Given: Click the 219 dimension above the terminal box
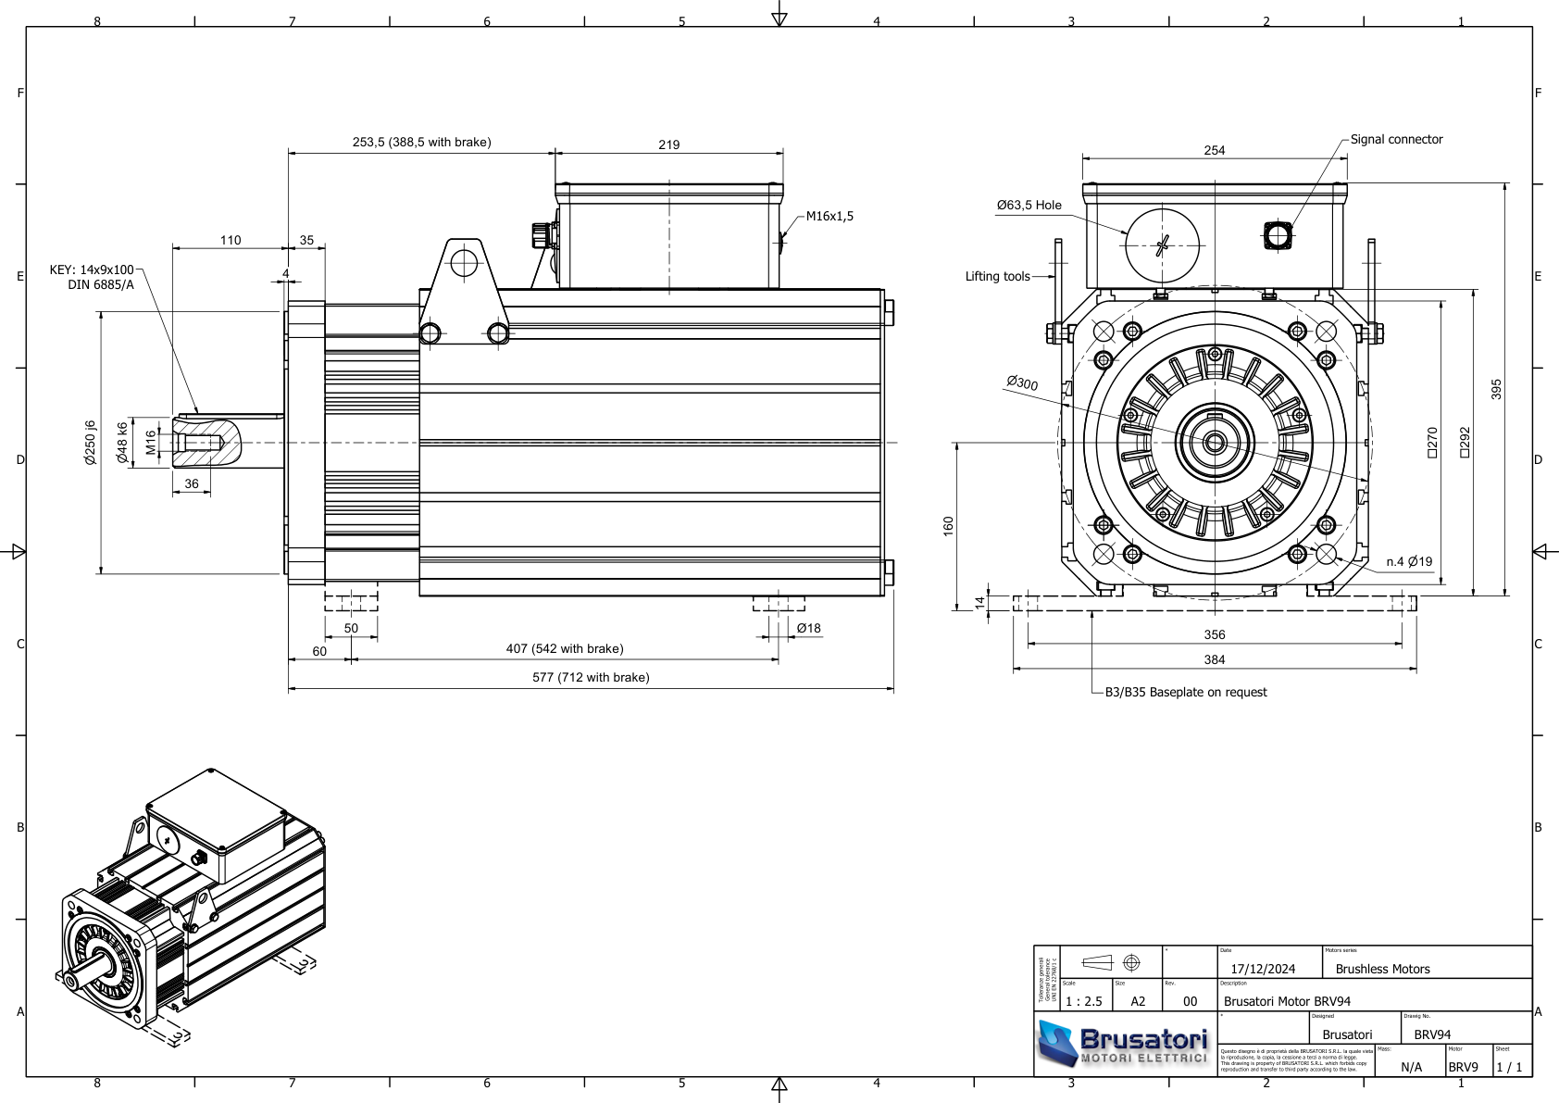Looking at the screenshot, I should coord(668,144).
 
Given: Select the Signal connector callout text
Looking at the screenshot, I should coord(1396,140).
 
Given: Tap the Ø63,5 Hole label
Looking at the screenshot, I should coord(1029,206).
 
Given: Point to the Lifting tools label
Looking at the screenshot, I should coord(997,277).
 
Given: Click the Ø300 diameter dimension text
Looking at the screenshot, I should coord(1022,382).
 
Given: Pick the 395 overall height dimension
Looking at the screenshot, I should coord(1496,389).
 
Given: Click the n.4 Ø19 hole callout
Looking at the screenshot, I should coord(1409,561).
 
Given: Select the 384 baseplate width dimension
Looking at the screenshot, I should coord(1214,660).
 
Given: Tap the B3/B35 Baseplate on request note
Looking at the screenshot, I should coord(1185,693).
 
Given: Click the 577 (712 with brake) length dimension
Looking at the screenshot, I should coord(591,678).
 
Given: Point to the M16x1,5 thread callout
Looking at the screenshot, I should coord(829,217).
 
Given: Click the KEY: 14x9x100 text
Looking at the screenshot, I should coord(92,270).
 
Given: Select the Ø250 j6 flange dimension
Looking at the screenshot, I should coord(91,442).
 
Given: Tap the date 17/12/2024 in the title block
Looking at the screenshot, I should coord(1263,970).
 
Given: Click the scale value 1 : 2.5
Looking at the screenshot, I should coord(1084,1002).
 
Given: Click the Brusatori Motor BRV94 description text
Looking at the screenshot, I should coord(1287,1002).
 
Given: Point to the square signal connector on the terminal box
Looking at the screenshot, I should coord(1277,235).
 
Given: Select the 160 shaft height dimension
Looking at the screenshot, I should coord(948,525).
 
